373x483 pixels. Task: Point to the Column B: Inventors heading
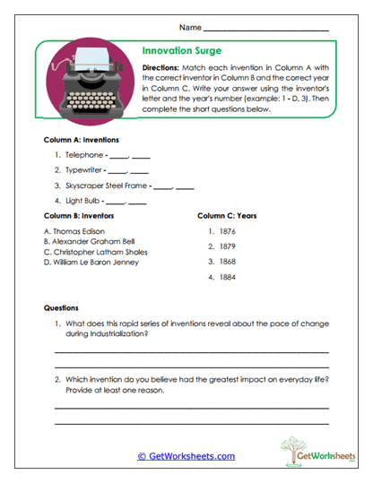81,215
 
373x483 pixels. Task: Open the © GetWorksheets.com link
186,456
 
